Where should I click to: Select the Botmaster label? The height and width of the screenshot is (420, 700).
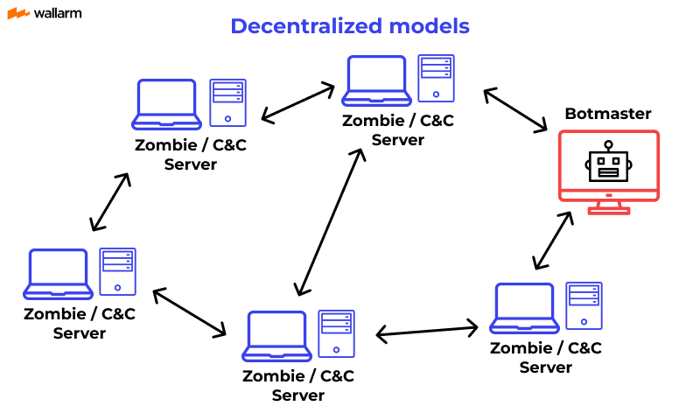click(x=608, y=114)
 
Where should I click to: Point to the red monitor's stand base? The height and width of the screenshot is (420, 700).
click(x=608, y=210)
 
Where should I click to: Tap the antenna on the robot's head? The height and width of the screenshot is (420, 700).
click(x=608, y=144)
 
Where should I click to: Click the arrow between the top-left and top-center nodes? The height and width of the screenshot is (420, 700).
click(x=298, y=102)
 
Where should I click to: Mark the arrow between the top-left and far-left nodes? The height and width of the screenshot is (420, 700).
click(x=110, y=202)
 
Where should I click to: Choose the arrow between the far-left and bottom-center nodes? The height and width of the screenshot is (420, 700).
click(x=189, y=312)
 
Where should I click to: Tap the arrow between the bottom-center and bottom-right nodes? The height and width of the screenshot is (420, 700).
click(x=427, y=331)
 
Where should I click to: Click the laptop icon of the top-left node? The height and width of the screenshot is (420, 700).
click(x=165, y=104)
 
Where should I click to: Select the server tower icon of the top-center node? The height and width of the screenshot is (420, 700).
click(x=435, y=79)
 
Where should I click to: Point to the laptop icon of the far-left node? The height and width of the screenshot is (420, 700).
click(x=59, y=273)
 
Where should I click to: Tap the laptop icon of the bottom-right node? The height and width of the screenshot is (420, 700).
click(x=524, y=307)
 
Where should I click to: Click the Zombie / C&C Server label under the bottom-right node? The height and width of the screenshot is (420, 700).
click(x=546, y=357)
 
